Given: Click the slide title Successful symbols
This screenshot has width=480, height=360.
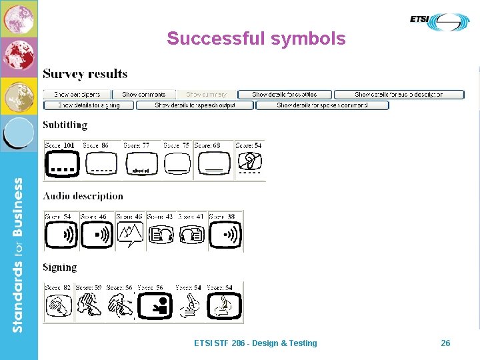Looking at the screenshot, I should (256, 39).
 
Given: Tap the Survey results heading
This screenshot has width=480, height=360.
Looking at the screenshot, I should (85, 73).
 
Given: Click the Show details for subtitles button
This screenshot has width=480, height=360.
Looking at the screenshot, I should (284, 95).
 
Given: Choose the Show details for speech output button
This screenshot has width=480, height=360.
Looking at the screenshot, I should (195, 105).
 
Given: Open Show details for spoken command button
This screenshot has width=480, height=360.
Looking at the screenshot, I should (322, 105).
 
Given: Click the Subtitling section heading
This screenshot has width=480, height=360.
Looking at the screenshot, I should (65, 125).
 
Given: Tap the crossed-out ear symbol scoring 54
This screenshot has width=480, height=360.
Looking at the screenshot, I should (249, 163).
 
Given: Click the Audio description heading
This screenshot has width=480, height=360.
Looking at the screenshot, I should (83, 196).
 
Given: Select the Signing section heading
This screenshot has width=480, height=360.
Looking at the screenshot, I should (60, 267).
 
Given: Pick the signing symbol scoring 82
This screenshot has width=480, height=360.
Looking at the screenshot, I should (59, 306).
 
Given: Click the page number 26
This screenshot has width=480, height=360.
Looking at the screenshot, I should (445, 343).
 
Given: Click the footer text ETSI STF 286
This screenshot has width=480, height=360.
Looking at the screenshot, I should (255, 343).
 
